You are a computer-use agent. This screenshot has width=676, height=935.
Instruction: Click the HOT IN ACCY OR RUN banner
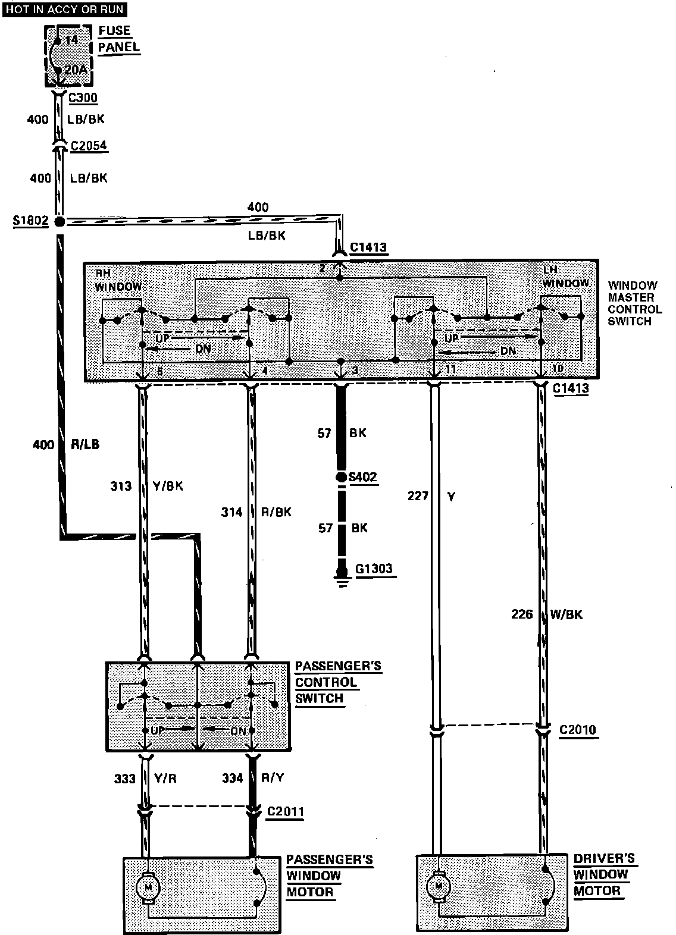[x=64, y=10]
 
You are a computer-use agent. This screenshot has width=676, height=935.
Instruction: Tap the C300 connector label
[x=83, y=98]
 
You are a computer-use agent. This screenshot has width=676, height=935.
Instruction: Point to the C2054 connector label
[x=89, y=146]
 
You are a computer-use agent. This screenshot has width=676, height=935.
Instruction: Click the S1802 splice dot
[x=60, y=222]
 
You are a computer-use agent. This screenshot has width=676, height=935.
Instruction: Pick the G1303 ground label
[x=374, y=569]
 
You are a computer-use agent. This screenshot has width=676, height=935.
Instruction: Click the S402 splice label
[x=364, y=477]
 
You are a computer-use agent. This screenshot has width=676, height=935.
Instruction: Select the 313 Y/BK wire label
[x=146, y=487]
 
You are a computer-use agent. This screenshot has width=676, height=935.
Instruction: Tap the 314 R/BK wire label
[x=255, y=512]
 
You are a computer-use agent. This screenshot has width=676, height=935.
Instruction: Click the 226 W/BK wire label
[x=546, y=614]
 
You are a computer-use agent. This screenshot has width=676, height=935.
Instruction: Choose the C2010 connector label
[x=577, y=730]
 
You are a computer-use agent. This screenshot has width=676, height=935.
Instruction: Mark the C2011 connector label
[x=285, y=811]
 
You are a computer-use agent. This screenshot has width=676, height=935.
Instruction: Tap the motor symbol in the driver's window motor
[x=439, y=886]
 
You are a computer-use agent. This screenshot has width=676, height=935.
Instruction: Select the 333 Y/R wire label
[x=145, y=778]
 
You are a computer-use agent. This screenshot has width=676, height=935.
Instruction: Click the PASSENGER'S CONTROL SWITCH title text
[x=337, y=682]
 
